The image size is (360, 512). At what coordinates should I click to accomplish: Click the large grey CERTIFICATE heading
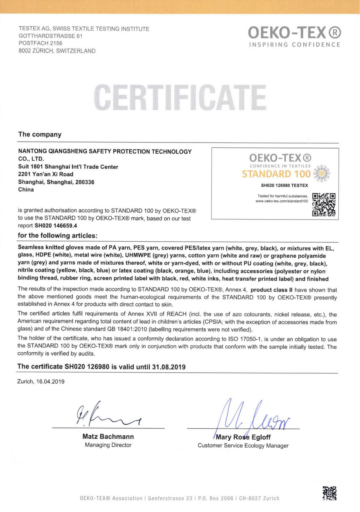[180, 97]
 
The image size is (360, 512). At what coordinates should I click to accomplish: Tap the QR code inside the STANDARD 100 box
[324, 205]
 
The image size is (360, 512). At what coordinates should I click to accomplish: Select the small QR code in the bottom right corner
[329, 493]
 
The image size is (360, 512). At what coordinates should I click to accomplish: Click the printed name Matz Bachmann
[108, 436]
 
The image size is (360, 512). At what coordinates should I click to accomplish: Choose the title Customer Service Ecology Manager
[243, 446]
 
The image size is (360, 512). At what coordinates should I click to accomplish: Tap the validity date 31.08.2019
[169, 367]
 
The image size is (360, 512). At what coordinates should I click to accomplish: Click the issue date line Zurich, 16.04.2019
[41, 382]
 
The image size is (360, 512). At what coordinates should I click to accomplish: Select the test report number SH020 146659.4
[56, 226]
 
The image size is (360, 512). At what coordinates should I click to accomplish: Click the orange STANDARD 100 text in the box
[276, 174]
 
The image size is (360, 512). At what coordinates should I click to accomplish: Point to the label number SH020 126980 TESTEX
[284, 185]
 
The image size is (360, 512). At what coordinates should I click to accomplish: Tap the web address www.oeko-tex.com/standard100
[282, 201]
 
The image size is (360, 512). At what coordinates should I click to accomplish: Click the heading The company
[40, 134]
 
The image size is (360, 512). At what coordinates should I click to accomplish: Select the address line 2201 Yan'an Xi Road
[46, 174]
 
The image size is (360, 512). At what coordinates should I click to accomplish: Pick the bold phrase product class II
[271, 290]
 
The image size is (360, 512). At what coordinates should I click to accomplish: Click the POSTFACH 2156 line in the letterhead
[40, 43]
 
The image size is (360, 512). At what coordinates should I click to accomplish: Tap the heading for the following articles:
[57, 235]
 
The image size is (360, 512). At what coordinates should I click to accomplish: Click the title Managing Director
[108, 445]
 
